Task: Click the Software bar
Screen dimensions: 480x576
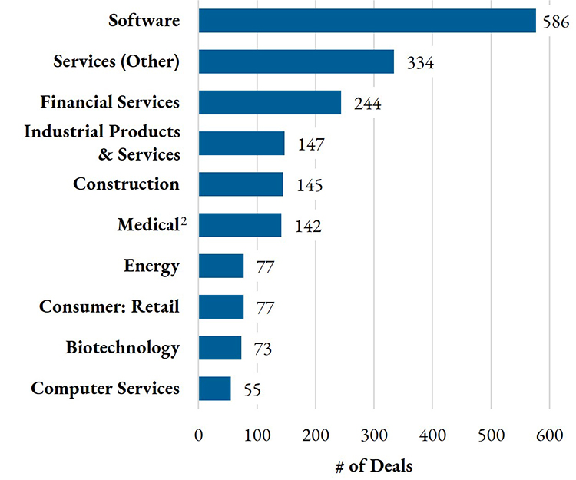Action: pyautogui.click(x=367, y=21)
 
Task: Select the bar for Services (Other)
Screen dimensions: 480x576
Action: pyautogui.click(x=296, y=61)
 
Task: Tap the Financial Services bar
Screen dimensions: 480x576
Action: pyautogui.click(x=270, y=102)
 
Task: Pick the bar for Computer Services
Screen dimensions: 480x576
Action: pyautogui.click(x=214, y=389)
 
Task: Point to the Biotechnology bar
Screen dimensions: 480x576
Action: pyautogui.click(x=220, y=348)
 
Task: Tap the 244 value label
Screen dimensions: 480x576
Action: pyautogui.click(x=366, y=104)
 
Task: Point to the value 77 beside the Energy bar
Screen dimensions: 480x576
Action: pyautogui.click(x=264, y=267)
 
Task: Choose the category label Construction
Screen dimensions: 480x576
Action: pyautogui.click(x=126, y=184)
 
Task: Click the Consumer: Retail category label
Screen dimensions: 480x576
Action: pyautogui.click(x=109, y=307)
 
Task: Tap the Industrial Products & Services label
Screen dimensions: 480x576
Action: pyautogui.click(x=102, y=143)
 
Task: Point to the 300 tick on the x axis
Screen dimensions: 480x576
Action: pyautogui.click(x=374, y=435)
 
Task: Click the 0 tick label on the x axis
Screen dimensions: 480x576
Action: pyautogui.click(x=199, y=435)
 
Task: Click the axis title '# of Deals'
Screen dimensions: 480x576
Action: pyautogui.click(x=374, y=465)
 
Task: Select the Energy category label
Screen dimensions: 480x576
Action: pyautogui.click(x=151, y=266)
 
